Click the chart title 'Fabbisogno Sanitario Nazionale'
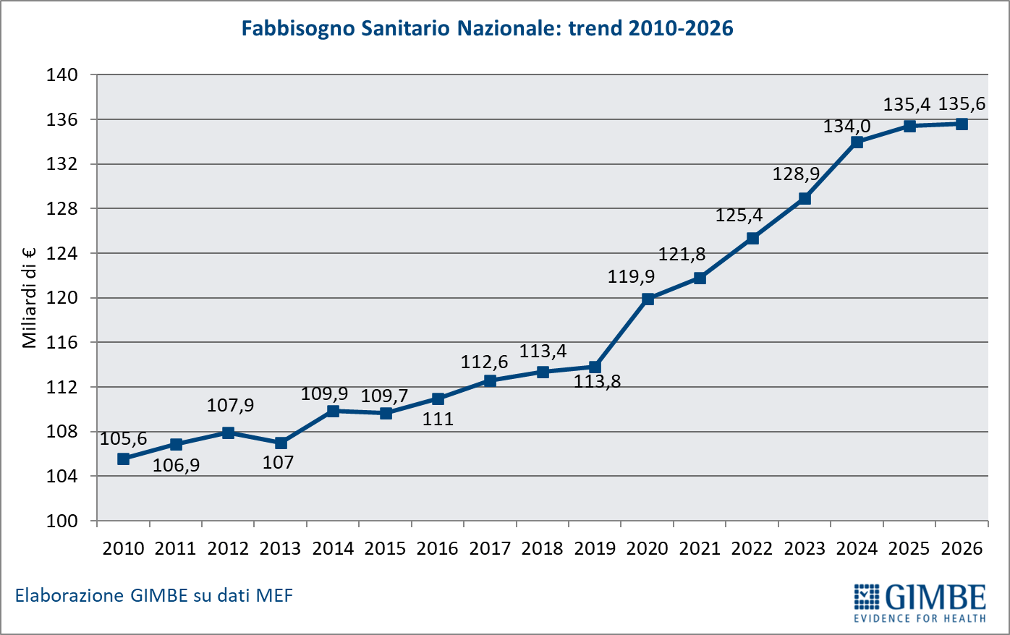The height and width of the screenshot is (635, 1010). (x=487, y=28)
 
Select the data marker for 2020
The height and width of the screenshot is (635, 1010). (x=648, y=299)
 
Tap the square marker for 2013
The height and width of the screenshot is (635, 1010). (x=281, y=443)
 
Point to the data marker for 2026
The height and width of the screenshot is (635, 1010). (x=962, y=124)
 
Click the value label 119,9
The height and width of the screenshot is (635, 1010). (x=631, y=276)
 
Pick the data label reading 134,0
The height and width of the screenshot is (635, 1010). (x=846, y=127)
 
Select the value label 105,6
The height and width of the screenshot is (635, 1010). (x=123, y=439)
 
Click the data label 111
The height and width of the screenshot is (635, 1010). (x=438, y=419)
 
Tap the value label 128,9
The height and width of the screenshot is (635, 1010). (x=796, y=174)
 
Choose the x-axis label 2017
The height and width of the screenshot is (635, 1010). (x=490, y=548)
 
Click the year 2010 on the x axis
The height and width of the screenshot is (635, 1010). (x=123, y=548)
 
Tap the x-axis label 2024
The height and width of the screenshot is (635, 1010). (x=857, y=548)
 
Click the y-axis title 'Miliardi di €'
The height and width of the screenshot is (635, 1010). (x=30, y=297)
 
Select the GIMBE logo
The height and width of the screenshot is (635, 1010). (x=920, y=602)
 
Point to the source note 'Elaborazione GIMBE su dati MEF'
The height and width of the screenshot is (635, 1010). (x=154, y=596)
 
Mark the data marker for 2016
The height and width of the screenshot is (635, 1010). (x=438, y=399)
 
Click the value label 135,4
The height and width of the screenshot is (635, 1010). (x=907, y=105)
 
